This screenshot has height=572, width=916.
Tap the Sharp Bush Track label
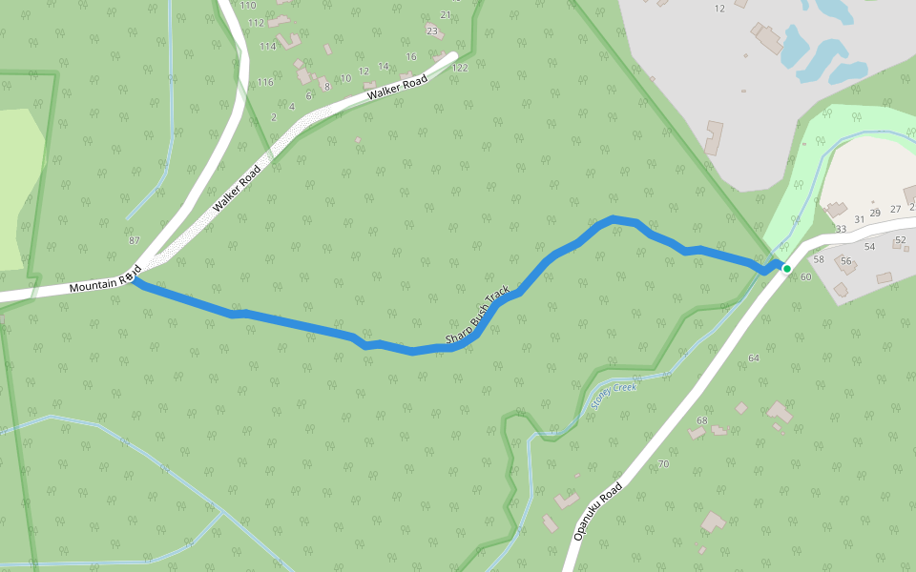479,316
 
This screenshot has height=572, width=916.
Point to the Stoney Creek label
614,395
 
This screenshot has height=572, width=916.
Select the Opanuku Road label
598,511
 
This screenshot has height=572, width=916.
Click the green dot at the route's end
786,269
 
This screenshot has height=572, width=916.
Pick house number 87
134,240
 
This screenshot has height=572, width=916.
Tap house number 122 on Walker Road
461,68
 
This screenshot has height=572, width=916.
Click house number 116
264,83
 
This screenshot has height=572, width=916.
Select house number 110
248,6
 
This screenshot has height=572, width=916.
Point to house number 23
432,31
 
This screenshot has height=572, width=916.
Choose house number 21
446,14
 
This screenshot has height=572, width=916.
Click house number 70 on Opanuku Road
663,464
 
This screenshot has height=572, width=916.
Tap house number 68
703,420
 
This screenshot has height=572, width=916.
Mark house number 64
754,357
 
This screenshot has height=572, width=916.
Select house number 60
806,277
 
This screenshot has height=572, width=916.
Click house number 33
841,229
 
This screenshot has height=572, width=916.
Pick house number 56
845,260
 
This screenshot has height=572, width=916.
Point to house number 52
900,239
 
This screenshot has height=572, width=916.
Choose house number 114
267,46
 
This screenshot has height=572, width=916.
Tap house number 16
411,57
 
